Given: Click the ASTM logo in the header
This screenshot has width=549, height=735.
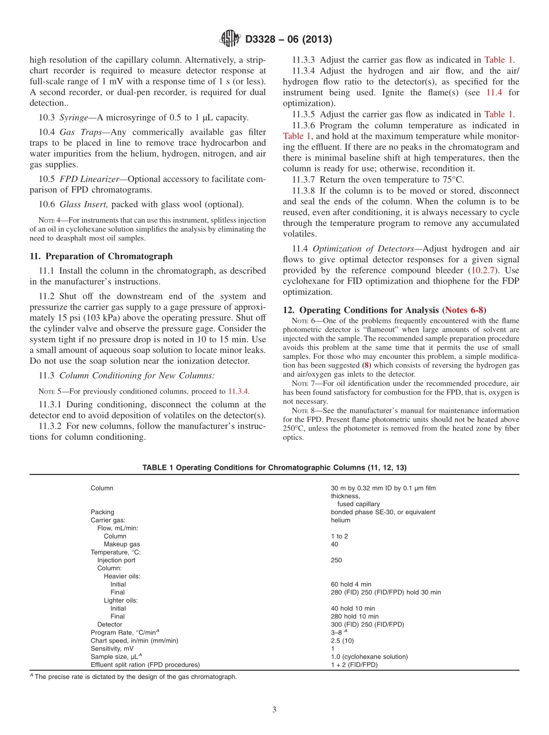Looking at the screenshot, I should click(231, 39).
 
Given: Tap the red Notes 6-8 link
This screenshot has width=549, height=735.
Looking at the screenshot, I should click(464, 310).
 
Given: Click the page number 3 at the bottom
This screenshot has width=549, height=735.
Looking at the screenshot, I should click(274, 710).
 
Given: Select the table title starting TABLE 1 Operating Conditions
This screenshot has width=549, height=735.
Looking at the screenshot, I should click(274, 467).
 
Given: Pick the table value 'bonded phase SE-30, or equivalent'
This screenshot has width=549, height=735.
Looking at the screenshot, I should click(383, 512).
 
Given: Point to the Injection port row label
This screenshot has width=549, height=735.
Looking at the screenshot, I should click(116, 560).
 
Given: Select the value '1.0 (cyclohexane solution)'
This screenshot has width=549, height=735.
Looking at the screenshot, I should click(369, 657).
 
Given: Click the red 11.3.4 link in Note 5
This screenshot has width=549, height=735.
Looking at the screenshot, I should click(238, 391).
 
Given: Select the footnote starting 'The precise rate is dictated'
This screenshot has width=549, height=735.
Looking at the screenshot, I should click(136, 677).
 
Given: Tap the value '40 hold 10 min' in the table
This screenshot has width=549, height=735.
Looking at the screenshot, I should click(353, 608).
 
